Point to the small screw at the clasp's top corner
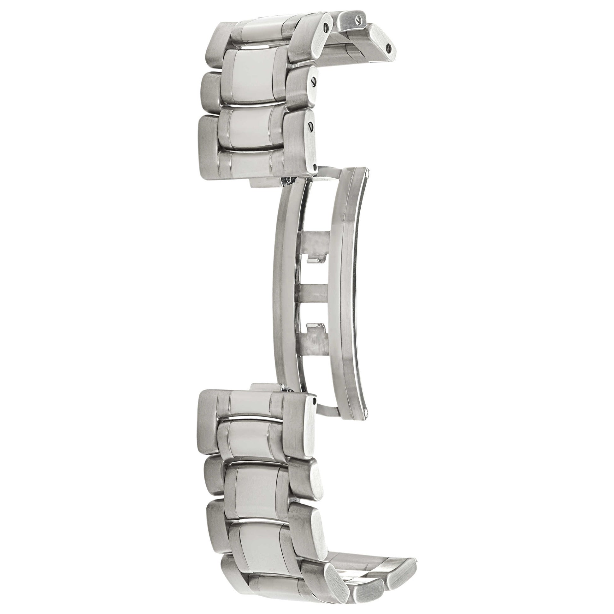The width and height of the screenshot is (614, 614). pyautogui.click(x=368, y=174)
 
